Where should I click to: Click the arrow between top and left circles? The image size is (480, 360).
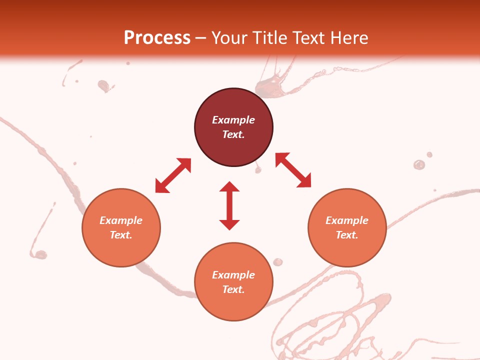point(173,175)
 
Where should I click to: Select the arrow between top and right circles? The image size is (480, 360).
point(293,170)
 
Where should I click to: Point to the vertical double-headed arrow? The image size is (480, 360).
point(229,205)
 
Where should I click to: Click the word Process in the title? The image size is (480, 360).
point(157,37)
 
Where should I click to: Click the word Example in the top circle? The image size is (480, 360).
point(233,120)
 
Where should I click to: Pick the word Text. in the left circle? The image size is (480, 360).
point(121,235)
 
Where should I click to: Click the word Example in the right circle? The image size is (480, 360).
point(347,220)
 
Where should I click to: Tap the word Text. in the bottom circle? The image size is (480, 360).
point(233,289)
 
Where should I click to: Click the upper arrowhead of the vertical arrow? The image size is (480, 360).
point(229,186)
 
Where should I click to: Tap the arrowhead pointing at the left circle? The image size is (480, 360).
point(161,187)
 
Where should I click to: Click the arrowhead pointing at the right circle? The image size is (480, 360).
point(304,181)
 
